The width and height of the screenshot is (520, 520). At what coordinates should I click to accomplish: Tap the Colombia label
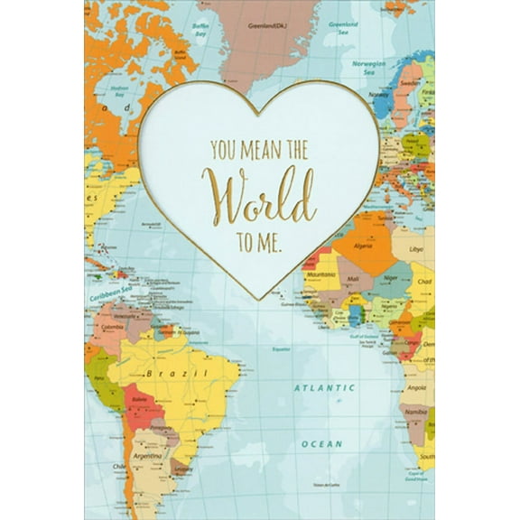[111, 327]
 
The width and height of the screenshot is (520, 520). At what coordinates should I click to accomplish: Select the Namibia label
[416, 412]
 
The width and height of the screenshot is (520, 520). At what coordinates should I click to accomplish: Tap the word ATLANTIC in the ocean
[322, 389]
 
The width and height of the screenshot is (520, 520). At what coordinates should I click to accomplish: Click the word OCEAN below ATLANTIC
[322, 443]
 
